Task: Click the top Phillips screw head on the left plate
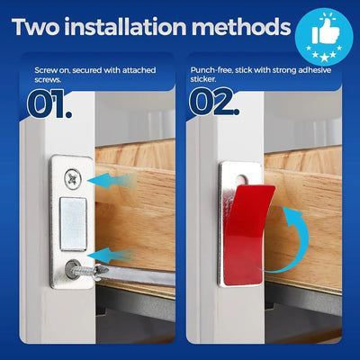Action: [71, 180]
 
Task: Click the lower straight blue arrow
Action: [123, 257]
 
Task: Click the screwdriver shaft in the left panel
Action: [135, 280]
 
